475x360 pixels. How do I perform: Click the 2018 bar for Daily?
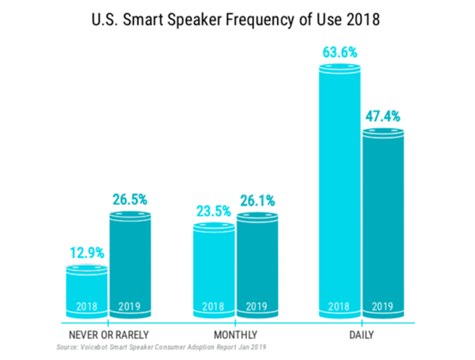pos(340,190)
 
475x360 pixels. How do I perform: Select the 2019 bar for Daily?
pos(383,222)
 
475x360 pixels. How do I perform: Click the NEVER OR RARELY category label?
pos(107,335)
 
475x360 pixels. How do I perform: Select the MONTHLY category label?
pos(236,335)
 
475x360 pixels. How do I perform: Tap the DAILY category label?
pos(361,335)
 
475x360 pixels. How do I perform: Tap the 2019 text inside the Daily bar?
pos(383,306)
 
